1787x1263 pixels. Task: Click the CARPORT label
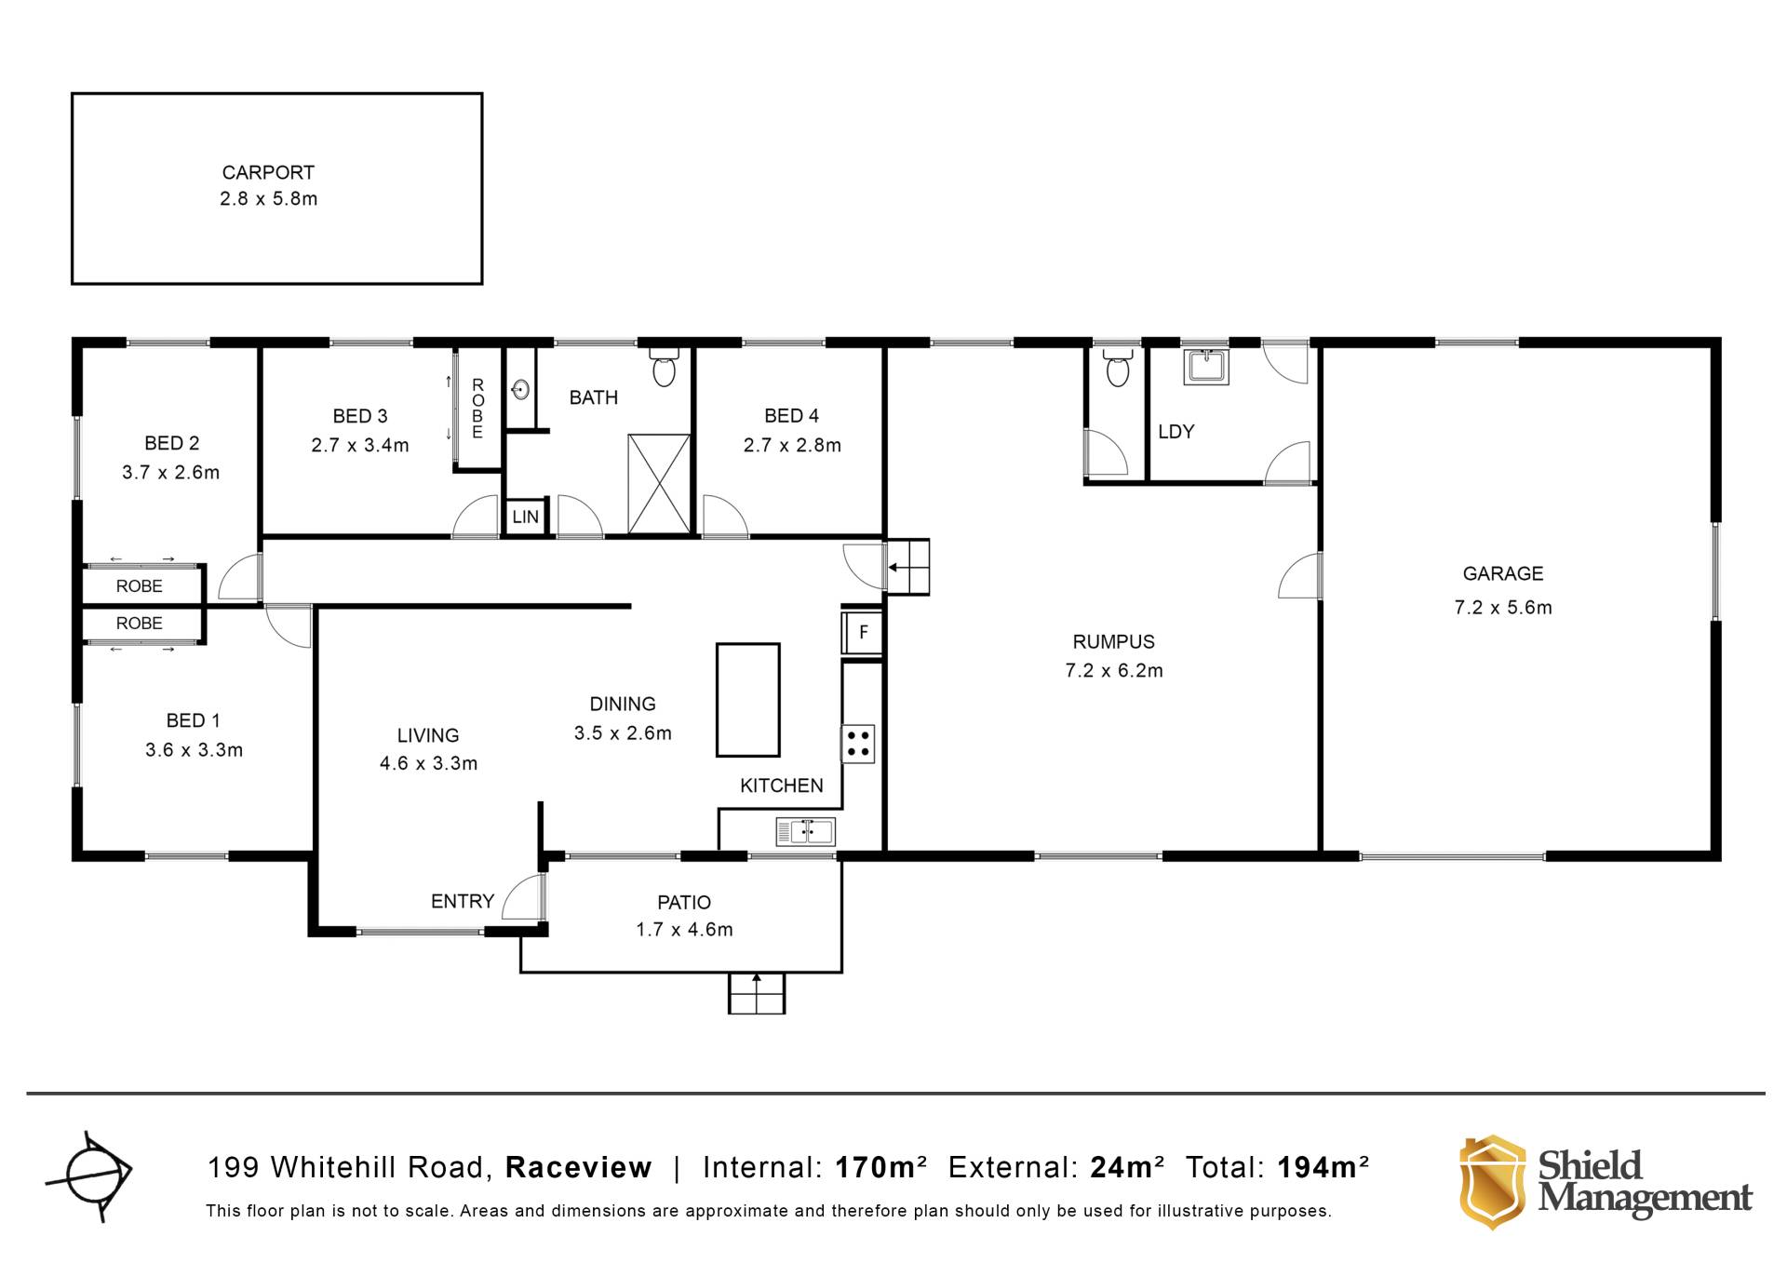268,172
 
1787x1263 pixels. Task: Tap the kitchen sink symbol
805,831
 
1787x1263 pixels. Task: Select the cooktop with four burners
858,744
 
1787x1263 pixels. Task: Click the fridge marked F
862,633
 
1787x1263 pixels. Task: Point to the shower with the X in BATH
659,484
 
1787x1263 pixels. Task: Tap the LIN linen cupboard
525,517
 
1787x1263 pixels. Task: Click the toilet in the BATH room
664,367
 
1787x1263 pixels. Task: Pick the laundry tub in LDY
1206,366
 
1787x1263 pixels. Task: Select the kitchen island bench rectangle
747,700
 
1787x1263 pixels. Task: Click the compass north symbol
90,1176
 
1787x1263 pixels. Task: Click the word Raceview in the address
578,1167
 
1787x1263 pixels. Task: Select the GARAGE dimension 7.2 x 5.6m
1503,608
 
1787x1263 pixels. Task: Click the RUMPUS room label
1113,641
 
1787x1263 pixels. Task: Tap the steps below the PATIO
757,993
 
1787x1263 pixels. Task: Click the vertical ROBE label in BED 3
477,409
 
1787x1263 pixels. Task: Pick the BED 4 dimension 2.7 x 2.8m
792,446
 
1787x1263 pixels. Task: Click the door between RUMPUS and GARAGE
1299,576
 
